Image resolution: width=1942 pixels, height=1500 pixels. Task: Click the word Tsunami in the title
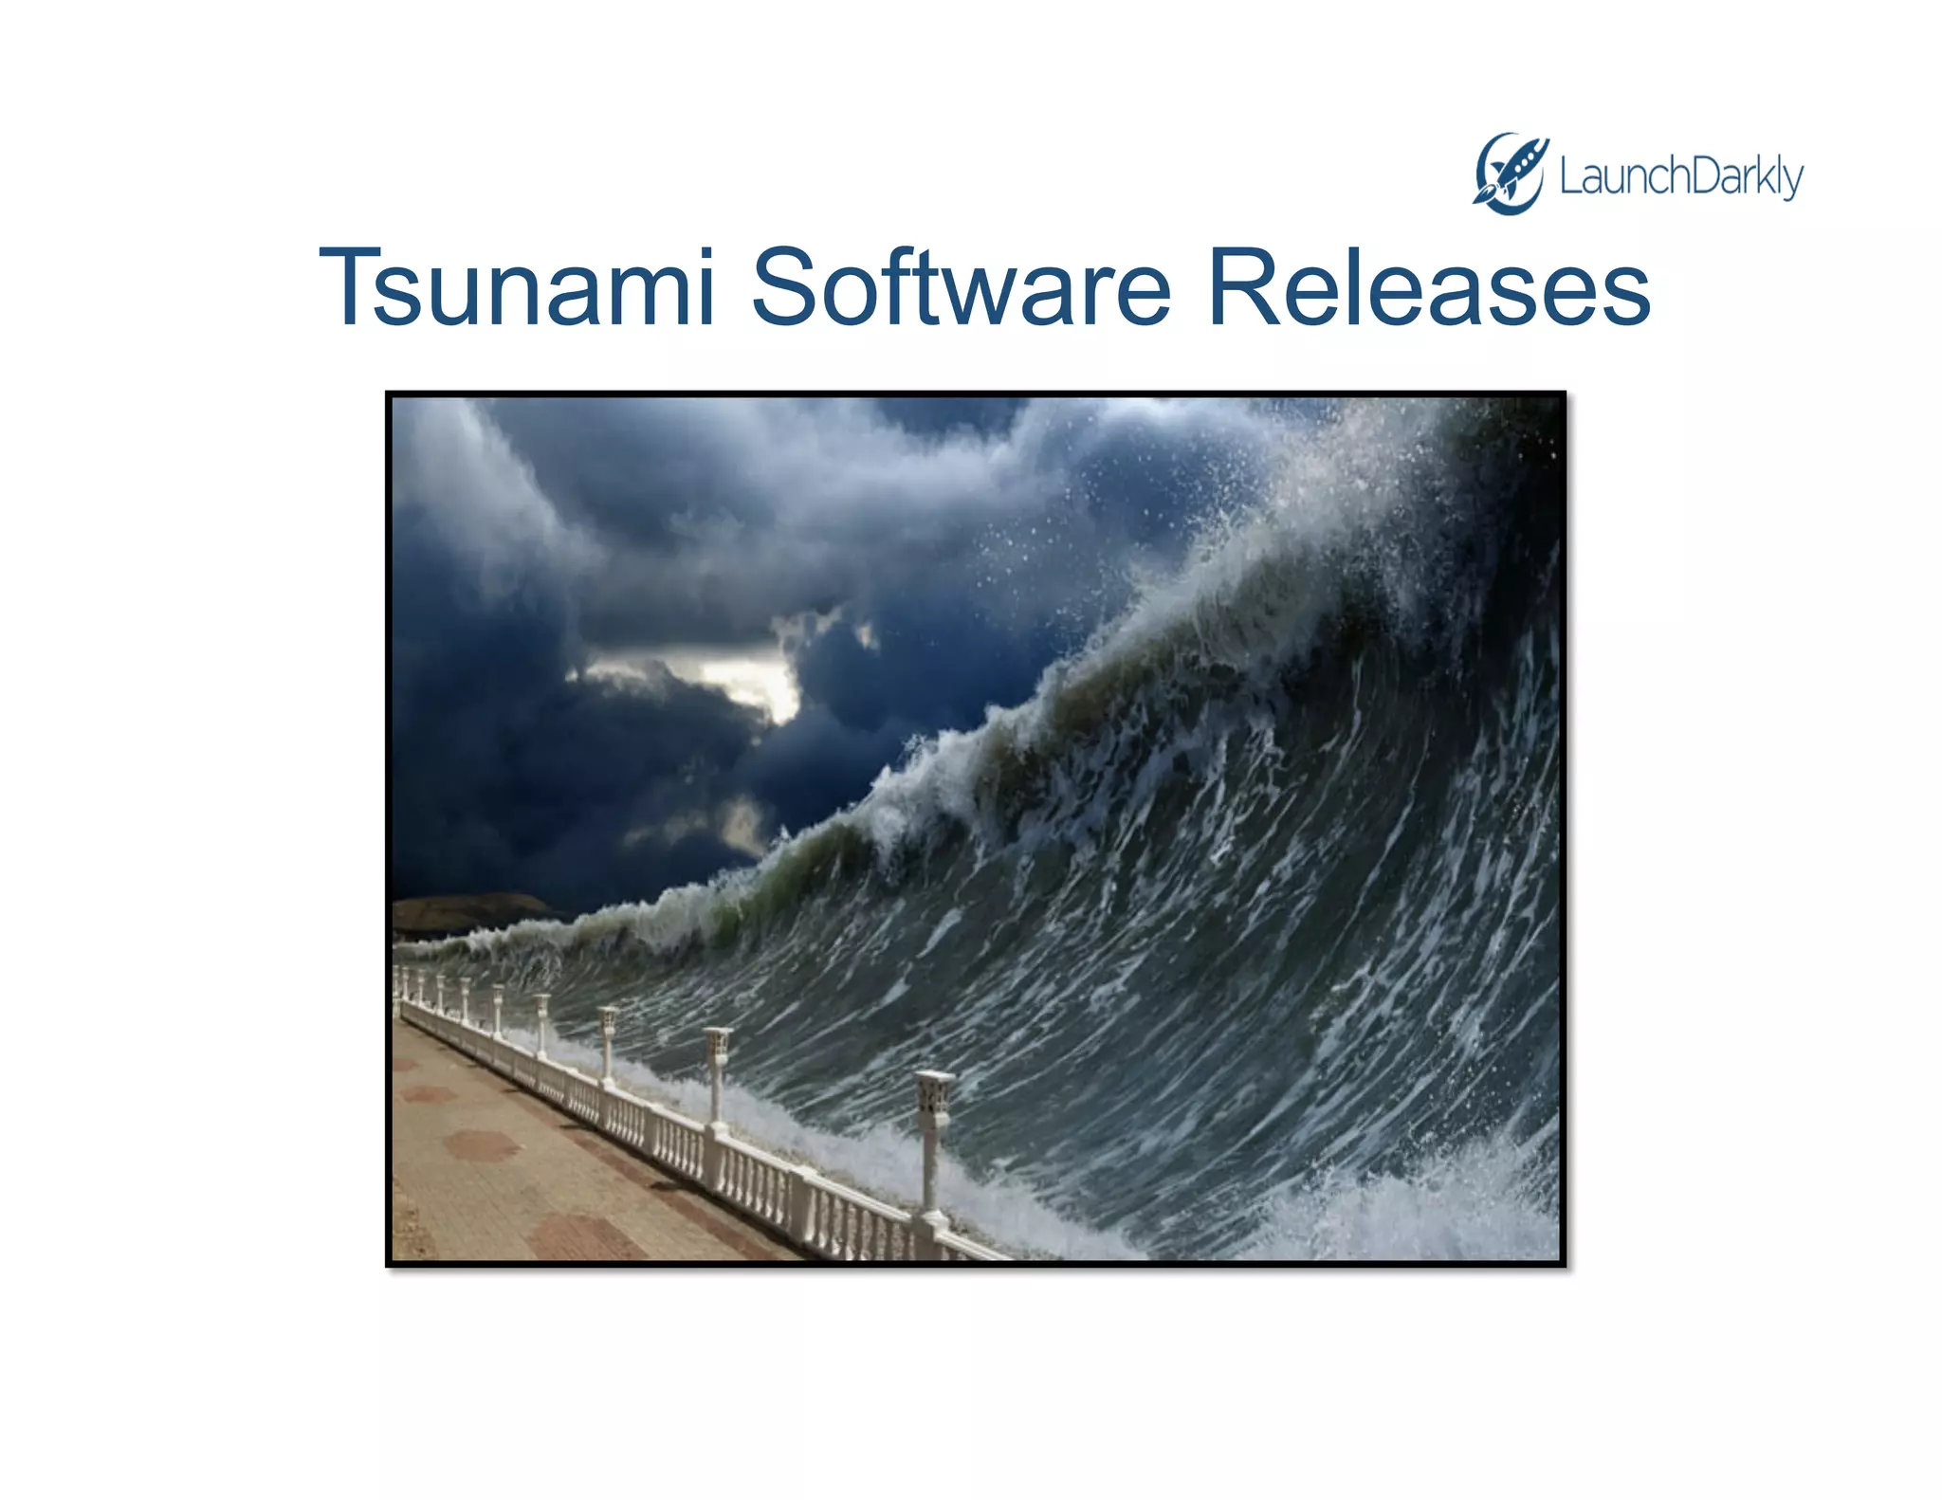tap(517, 287)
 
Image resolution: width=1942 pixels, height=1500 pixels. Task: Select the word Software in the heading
tap(962, 287)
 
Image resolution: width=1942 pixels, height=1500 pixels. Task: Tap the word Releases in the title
tap(1429, 287)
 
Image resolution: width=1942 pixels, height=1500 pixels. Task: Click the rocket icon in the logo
tap(1511, 174)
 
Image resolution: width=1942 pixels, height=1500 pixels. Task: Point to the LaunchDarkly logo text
tap(1680, 177)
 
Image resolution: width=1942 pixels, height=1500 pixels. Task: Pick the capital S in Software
tap(784, 287)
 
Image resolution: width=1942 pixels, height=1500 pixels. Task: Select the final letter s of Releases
tap(1621, 296)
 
